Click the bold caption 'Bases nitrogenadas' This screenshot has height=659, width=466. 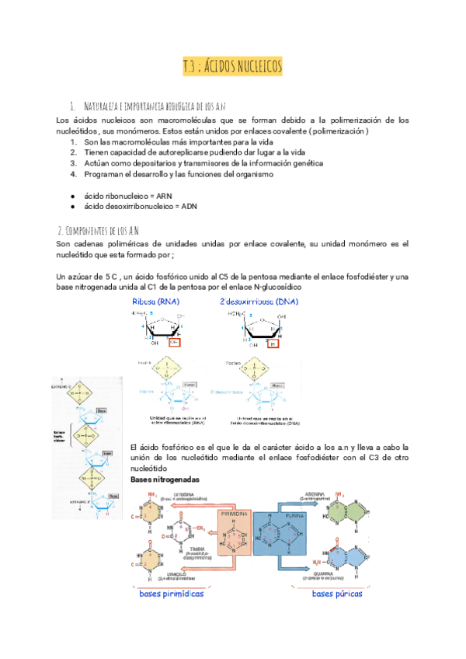(x=165, y=480)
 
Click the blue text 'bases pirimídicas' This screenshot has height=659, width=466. (x=172, y=594)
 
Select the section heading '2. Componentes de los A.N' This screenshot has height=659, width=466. (x=99, y=231)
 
